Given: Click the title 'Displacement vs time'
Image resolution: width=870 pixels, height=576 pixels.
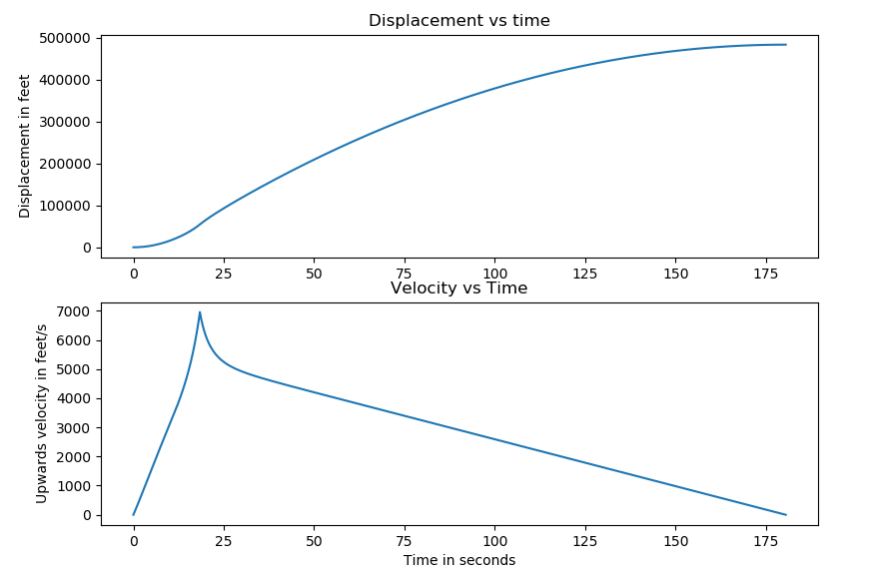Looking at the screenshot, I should [459, 20].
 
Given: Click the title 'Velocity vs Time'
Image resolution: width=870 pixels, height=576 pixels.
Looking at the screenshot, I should [459, 288].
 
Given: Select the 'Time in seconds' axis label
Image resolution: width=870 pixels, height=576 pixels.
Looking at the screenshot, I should [459, 560].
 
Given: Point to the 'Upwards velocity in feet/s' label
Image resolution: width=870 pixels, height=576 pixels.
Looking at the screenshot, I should [41, 412].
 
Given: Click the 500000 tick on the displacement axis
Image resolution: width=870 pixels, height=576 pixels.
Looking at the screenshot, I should [63, 38].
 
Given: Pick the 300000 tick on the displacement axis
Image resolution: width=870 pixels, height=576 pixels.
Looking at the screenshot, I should [63, 122].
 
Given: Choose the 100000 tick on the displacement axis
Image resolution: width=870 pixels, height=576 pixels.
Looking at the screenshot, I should [63, 206].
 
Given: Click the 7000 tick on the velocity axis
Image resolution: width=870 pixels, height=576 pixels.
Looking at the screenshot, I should [75, 311].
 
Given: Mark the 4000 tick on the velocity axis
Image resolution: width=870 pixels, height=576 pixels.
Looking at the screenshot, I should [75, 399].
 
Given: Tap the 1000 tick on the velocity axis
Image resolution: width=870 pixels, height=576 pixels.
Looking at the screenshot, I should [75, 486].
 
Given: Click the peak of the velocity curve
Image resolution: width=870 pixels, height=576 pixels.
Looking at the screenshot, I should [200, 312].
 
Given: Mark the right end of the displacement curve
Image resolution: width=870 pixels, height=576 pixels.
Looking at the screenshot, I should [786, 45].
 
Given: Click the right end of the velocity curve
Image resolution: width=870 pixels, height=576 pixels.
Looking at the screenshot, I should [786, 515].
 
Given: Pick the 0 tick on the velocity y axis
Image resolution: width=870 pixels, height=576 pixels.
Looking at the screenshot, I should [88, 515].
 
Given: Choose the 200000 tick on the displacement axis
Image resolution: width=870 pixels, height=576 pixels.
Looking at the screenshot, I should [63, 164].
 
